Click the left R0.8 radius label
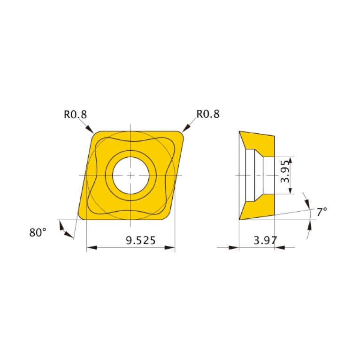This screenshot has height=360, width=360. (x=76, y=114)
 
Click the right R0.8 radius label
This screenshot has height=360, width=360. (x=207, y=114)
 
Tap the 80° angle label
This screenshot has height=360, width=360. (x=38, y=232)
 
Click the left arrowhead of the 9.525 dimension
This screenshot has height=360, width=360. (x=92, y=247)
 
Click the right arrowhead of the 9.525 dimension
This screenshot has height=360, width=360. (x=170, y=247)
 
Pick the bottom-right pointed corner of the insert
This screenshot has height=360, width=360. (x=166, y=217)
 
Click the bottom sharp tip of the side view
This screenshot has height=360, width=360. (x=240, y=219)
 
